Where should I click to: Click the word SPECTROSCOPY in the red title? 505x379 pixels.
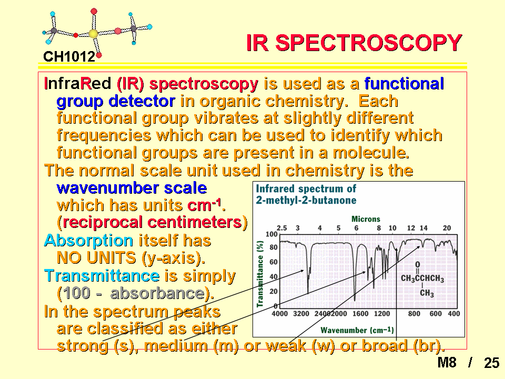click(x=369, y=43)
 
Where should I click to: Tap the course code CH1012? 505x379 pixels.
click(x=69, y=57)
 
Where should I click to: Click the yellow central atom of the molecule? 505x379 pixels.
click(x=93, y=34)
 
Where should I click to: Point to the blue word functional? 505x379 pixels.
click(x=404, y=84)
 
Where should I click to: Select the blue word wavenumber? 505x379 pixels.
click(x=107, y=188)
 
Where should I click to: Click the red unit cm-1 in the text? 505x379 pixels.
click(x=205, y=205)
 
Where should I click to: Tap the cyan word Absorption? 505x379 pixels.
click(x=88, y=241)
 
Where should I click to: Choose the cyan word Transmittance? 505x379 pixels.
click(x=102, y=276)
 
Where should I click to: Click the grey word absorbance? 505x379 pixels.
click(x=158, y=293)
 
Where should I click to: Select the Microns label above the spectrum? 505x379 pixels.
click(x=366, y=219)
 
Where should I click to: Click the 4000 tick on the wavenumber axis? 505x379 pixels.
click(x=279, y=314)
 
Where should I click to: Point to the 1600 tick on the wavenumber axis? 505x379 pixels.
click(x=360, y=314)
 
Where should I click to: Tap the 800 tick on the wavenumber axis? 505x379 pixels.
click(x=414, y=314)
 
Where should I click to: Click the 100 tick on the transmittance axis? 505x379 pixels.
click(x=271, y=234)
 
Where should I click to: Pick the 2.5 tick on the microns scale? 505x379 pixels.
click(x=281, y=228)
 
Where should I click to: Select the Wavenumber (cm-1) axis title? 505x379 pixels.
click(x=357, y=330)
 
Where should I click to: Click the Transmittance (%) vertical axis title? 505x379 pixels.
click(x=260, y=274)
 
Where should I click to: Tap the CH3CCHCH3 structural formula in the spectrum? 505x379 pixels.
click(x=422, y=278)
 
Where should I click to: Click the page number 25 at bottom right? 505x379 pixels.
click(x=491, y=363)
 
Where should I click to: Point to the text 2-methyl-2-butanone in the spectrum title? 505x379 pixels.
click(x=306, y=201)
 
